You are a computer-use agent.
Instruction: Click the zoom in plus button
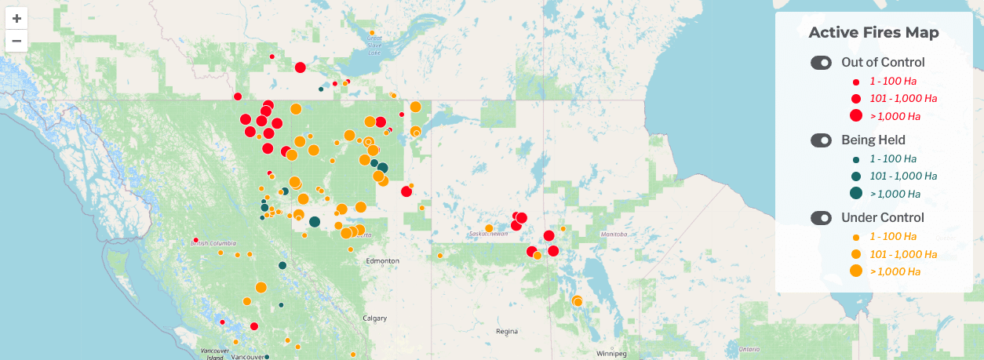click(16, 18)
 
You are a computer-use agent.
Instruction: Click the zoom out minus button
click(16, 41)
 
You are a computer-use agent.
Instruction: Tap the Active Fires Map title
click(873, 32)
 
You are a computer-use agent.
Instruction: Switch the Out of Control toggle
click(821, 63)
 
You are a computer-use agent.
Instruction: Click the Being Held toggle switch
click(821, 140)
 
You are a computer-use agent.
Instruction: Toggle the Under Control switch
click(821, 218)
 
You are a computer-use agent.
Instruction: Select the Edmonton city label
click(384, 260)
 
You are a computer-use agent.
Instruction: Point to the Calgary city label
click(374, 318)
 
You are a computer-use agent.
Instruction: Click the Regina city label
click(507, 331)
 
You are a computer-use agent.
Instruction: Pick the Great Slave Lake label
click(374, 45)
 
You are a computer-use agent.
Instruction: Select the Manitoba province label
click(614, 235)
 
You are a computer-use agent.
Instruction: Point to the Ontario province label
click(749, 348)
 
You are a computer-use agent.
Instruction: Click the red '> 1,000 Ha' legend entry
click(895, 116)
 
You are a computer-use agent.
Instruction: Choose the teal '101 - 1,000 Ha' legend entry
click(903, 176)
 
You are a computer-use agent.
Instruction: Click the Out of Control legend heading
click(883, 63)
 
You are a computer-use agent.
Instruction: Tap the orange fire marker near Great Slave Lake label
click(372, 33)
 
